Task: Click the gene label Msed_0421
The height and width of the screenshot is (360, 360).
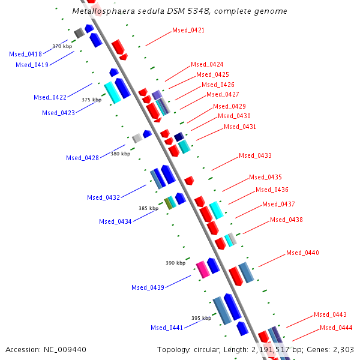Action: pos(188,30)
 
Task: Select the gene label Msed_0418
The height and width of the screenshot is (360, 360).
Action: pos(25,54)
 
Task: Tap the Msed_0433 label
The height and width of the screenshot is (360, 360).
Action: pos(255,155)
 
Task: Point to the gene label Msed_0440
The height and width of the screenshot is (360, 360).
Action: pos(302,253)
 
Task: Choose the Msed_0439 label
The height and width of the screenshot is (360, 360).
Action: pos(148,287)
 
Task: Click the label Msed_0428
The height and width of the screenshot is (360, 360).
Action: pos(82,158)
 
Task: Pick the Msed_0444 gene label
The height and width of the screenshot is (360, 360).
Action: pos(336,328)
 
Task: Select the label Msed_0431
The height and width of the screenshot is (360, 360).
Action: pos(240,127)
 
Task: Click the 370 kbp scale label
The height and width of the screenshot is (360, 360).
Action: pos(62,46)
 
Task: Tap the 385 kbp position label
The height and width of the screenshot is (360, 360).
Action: pos(148,208)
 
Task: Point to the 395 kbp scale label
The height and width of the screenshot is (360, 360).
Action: pos(201,318)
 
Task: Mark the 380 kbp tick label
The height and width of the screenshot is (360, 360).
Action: pos(120,154)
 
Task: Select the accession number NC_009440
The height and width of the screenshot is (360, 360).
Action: pos(66,349)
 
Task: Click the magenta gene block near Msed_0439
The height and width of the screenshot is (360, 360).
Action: pos(203,269)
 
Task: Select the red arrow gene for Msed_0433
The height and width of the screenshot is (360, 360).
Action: pos(189,180)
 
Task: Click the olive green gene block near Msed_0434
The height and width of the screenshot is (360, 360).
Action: pos(169,203)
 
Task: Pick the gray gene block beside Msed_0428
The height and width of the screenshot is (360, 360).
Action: pos(137,139)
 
